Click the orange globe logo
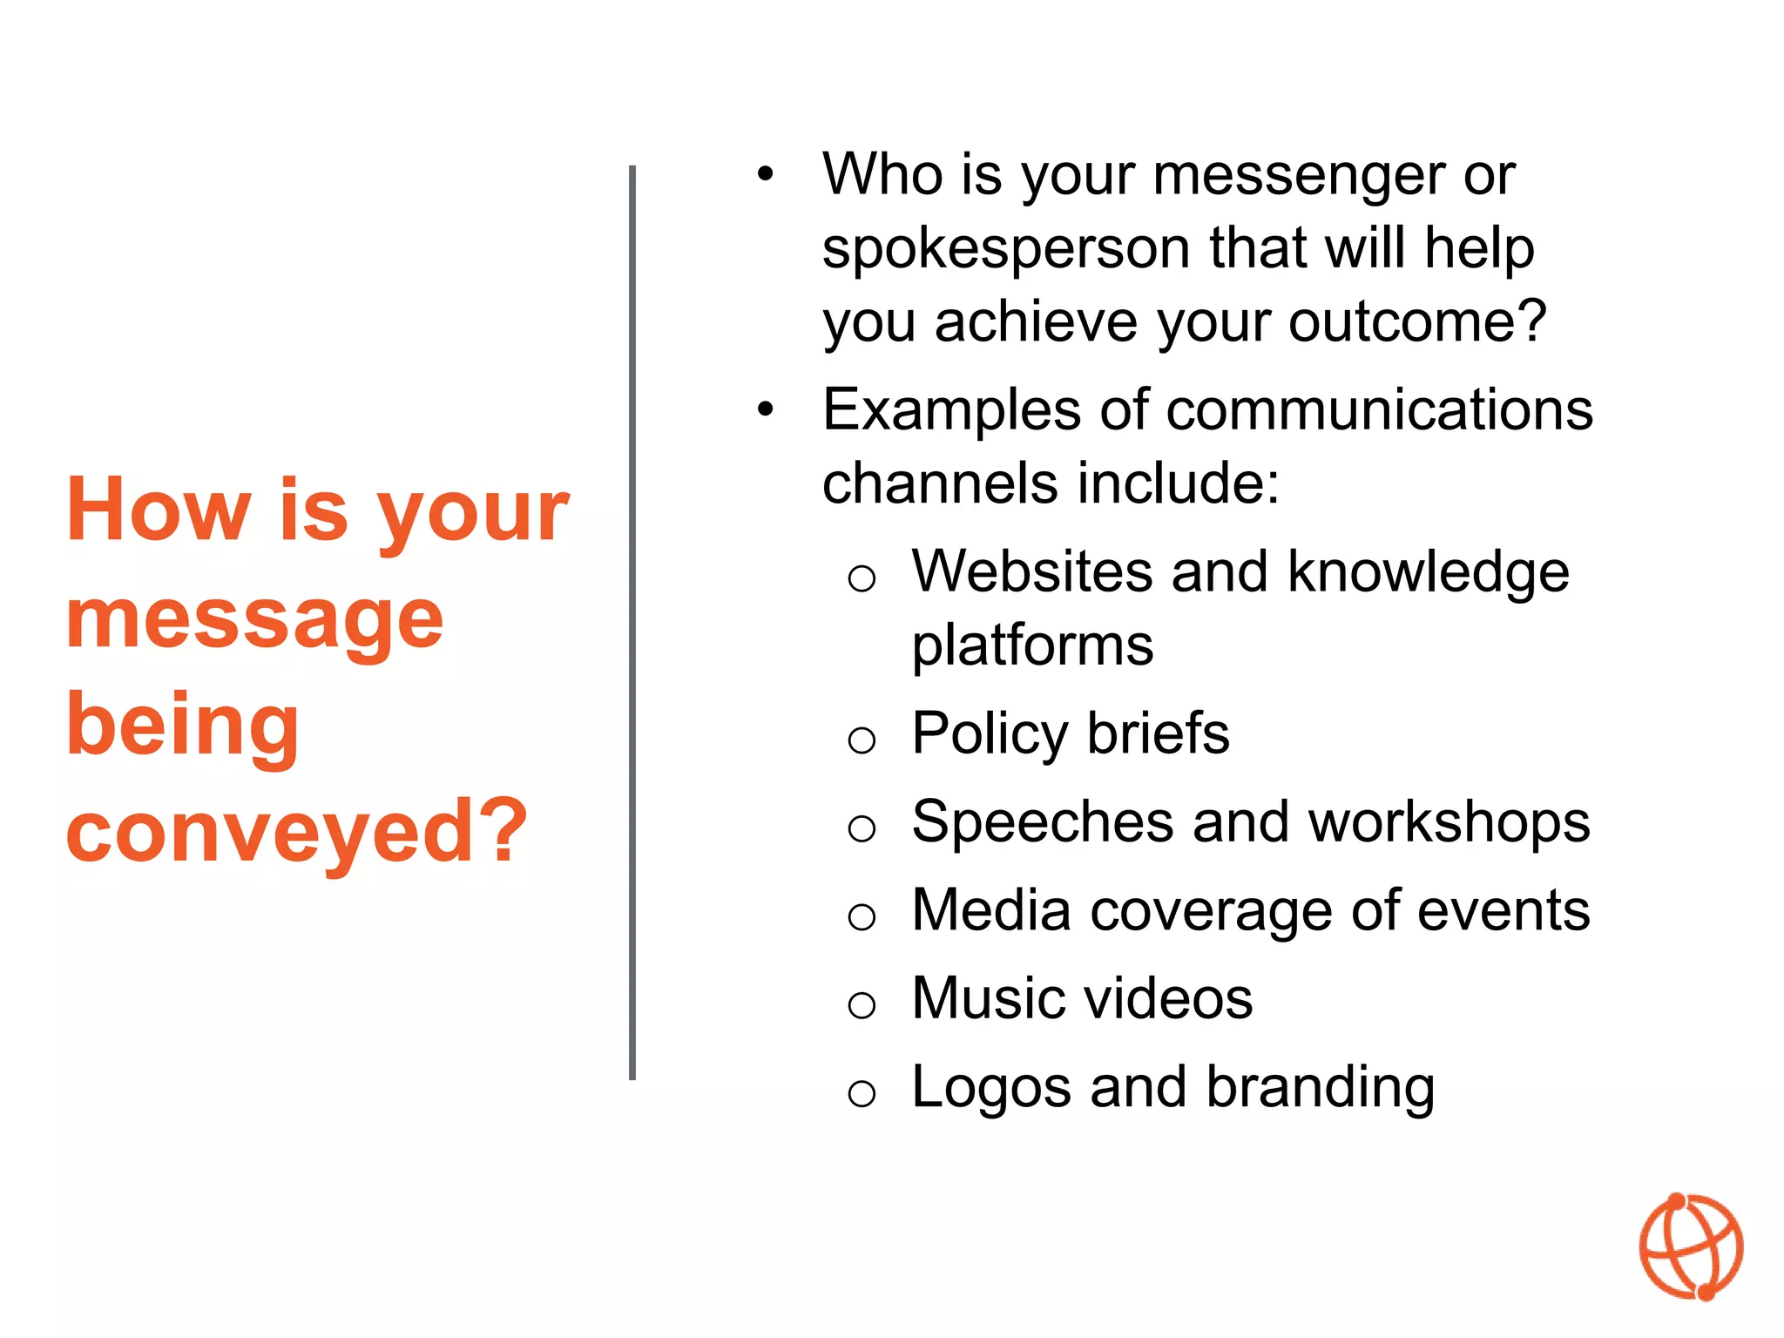coord(1691,1247)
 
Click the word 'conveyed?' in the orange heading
coord(297,832)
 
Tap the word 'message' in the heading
coord(254,620)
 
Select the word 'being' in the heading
coord(183,726)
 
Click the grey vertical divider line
coord(632,623)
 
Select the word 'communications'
coord(1379,409)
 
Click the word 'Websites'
coord(1031,571)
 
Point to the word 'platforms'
coord(1032,646)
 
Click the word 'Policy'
coord(990,733)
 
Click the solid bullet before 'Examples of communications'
coord(765,409)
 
